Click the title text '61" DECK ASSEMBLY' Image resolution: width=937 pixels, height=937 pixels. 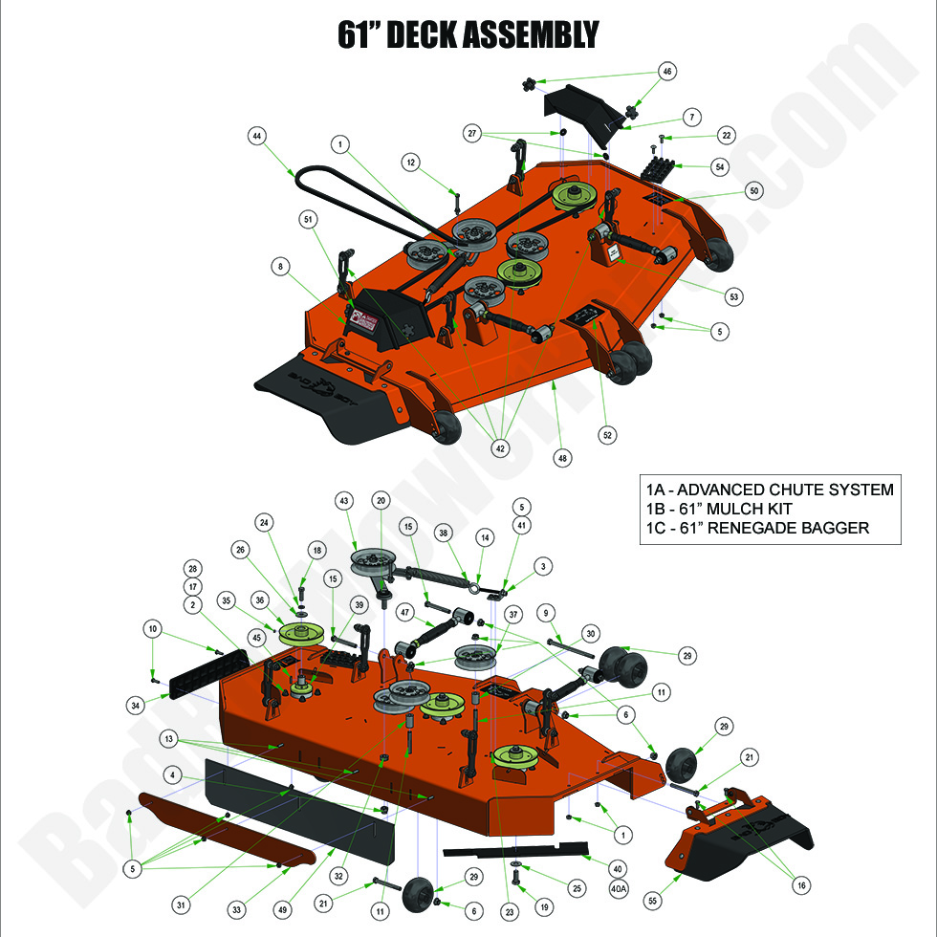point(468,34)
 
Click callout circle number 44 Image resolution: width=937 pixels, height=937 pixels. point(257,136)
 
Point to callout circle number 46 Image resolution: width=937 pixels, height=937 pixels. point(667,71)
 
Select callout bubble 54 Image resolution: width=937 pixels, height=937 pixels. point(721,167)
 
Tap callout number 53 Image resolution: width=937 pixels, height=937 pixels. point(733,297)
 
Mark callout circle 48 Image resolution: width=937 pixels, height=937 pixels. point(562,458)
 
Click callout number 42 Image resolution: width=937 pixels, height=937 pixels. point(499,447)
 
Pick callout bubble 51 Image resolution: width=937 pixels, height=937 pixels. point(308,219)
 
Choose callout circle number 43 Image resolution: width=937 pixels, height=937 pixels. point(344,500)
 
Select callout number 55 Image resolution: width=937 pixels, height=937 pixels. point(653,901)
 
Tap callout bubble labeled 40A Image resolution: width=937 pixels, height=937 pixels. point(619,887)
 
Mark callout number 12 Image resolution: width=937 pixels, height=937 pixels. point(410,163)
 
